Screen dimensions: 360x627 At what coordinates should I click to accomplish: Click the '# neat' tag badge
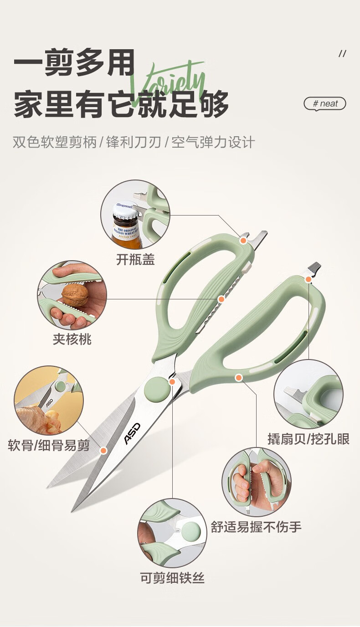click(x=325, y=103)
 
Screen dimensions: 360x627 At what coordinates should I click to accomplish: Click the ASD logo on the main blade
click(x=133, y=433)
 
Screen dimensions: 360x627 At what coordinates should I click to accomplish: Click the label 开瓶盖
click(x=135, y=260)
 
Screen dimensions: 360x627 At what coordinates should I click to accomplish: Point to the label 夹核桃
click(x=72, y=339)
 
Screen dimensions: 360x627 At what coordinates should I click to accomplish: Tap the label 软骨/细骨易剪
click(x=49, y=445)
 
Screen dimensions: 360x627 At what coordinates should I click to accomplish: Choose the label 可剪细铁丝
click(x=172, y=578)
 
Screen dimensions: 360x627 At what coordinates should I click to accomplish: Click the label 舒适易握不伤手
click(x=256, y=527)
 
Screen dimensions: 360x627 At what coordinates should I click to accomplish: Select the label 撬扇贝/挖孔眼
click(x=309, y=439)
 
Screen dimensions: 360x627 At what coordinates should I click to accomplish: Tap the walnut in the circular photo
click(x=75, y=295)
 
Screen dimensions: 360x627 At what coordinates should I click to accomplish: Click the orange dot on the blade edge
click(x=103, y=451)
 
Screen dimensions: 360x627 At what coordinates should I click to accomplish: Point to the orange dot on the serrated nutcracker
click(x=221, y=299)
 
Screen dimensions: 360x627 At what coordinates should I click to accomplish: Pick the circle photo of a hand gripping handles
click(x=256, y=481)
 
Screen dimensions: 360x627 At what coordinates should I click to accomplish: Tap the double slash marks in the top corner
click(x=342, y=54)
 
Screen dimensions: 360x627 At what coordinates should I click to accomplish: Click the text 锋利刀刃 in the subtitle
click(x=134, y=142)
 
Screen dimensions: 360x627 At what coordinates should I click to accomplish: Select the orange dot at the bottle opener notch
click(x=243, y=240)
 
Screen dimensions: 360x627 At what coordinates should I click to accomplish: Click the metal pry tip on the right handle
click(x=314, y=267)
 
